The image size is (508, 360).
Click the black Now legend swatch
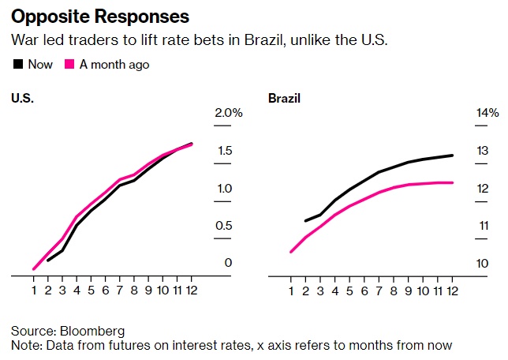[x=17, y=65]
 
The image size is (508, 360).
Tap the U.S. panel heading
[x=24, y=99]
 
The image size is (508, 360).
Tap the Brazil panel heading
[x=286, y=99]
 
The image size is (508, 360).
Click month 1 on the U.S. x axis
[x=34, y=290]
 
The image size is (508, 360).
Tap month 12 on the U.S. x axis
[x=191, y=290]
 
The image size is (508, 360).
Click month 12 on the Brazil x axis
[x=452, y=290]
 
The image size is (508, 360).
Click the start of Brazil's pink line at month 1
[x=291, y=252]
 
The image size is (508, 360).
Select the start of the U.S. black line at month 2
[x=48, y=260]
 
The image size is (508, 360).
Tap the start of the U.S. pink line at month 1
[x=34, y=269]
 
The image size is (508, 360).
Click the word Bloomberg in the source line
[x=92, y=330]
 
